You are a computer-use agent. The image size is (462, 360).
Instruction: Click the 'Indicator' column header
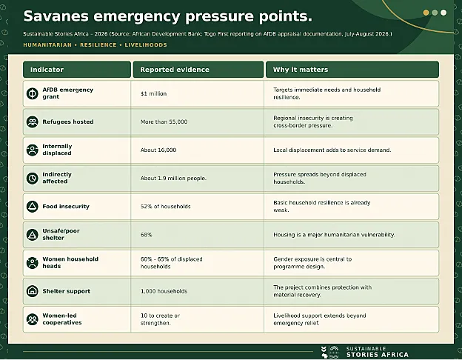click(47, 70)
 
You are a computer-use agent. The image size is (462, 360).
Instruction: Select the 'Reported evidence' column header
click(175, 70)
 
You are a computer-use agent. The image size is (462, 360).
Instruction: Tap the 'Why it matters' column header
click(301, 70)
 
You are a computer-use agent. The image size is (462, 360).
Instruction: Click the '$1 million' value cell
click(153, 94)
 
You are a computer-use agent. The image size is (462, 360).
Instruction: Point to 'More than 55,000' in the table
click(164, 121)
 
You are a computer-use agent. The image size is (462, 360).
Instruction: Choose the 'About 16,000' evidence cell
click(158, 150)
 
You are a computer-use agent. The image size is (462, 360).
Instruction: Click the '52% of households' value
click(166, 207)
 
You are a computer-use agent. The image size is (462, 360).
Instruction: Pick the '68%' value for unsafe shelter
click(146, 235)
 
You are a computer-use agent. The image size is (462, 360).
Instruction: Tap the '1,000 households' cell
click(164, 291)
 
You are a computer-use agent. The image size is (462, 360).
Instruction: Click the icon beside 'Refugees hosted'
click(32, 121)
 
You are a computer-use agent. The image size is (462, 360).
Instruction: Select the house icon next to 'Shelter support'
click(32, 291)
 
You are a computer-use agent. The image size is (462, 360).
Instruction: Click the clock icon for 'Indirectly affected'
click(32, 178)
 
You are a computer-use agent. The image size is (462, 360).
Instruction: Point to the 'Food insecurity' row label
click(66, 207)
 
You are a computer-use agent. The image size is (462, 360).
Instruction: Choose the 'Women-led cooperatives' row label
click(62, 319)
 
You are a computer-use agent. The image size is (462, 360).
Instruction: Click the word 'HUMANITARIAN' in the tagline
click(47, 45)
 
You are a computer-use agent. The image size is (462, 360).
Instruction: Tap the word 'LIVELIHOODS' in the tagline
click(146, 45)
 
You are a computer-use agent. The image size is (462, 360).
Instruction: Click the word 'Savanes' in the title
click(56, 16)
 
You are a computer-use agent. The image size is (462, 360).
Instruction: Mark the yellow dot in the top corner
click(426, 13)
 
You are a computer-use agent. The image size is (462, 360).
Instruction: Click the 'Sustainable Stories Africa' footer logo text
click(378, 352)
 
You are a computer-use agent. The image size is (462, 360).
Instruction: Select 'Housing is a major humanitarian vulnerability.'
click(334, 235)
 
